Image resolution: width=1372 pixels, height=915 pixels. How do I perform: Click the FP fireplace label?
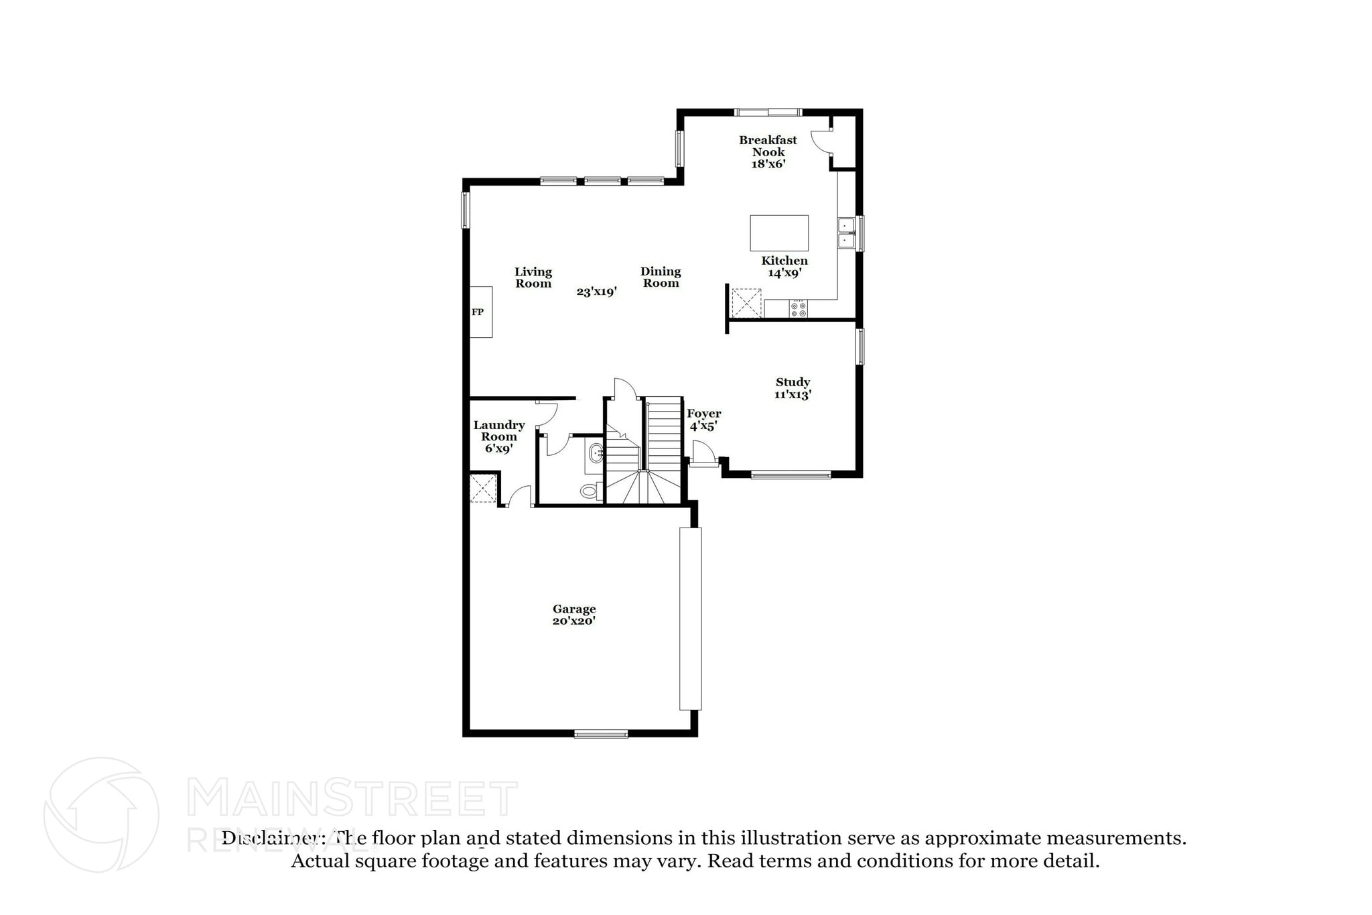point(478,312)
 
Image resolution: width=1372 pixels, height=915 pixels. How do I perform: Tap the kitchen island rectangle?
point(778,233)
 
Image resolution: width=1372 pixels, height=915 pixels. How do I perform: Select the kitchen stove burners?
point(798,309)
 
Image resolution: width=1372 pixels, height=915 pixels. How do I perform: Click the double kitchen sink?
point(846,232)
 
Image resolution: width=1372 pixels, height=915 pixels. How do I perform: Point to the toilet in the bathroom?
point(590,491)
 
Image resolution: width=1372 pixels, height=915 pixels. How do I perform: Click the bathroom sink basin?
point(595,454)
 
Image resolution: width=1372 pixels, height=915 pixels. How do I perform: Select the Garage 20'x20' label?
point(574,615)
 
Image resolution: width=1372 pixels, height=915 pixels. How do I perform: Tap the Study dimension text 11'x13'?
point(793,395)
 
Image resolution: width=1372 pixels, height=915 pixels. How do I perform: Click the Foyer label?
point(703,414)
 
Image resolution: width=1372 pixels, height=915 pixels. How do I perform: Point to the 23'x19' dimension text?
point(596,292)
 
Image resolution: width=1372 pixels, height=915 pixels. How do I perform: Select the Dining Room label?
point(661,277)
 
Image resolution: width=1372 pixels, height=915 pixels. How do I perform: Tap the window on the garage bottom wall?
point(601,734)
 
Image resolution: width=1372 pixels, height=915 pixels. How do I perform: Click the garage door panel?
point(690,618)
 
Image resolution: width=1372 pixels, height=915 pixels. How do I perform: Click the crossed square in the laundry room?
point(483,488)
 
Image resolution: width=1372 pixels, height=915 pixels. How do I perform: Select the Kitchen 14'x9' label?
point(784,267)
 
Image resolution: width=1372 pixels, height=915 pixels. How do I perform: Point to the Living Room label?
point(533,278)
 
